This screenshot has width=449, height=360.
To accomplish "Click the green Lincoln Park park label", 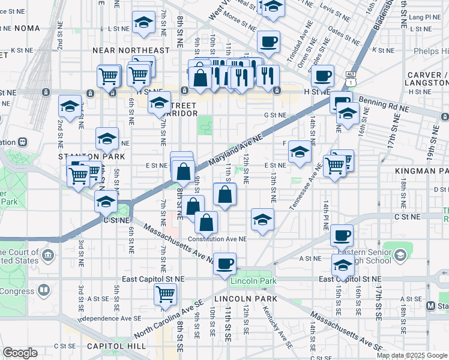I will click(x=254, y=281).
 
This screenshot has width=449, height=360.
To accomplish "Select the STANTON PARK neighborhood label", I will click(x=82, y=156).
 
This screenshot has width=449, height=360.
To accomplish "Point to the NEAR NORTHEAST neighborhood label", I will click(x=132, y=50).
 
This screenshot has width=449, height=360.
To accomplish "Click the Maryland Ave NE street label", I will click(x=237, y=150).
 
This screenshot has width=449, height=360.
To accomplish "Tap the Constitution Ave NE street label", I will click(x=217, y=238).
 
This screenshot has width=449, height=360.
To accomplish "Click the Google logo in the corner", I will click(x=20, y=353).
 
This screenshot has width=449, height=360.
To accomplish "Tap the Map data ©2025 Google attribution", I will click(x=411, y=355).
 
